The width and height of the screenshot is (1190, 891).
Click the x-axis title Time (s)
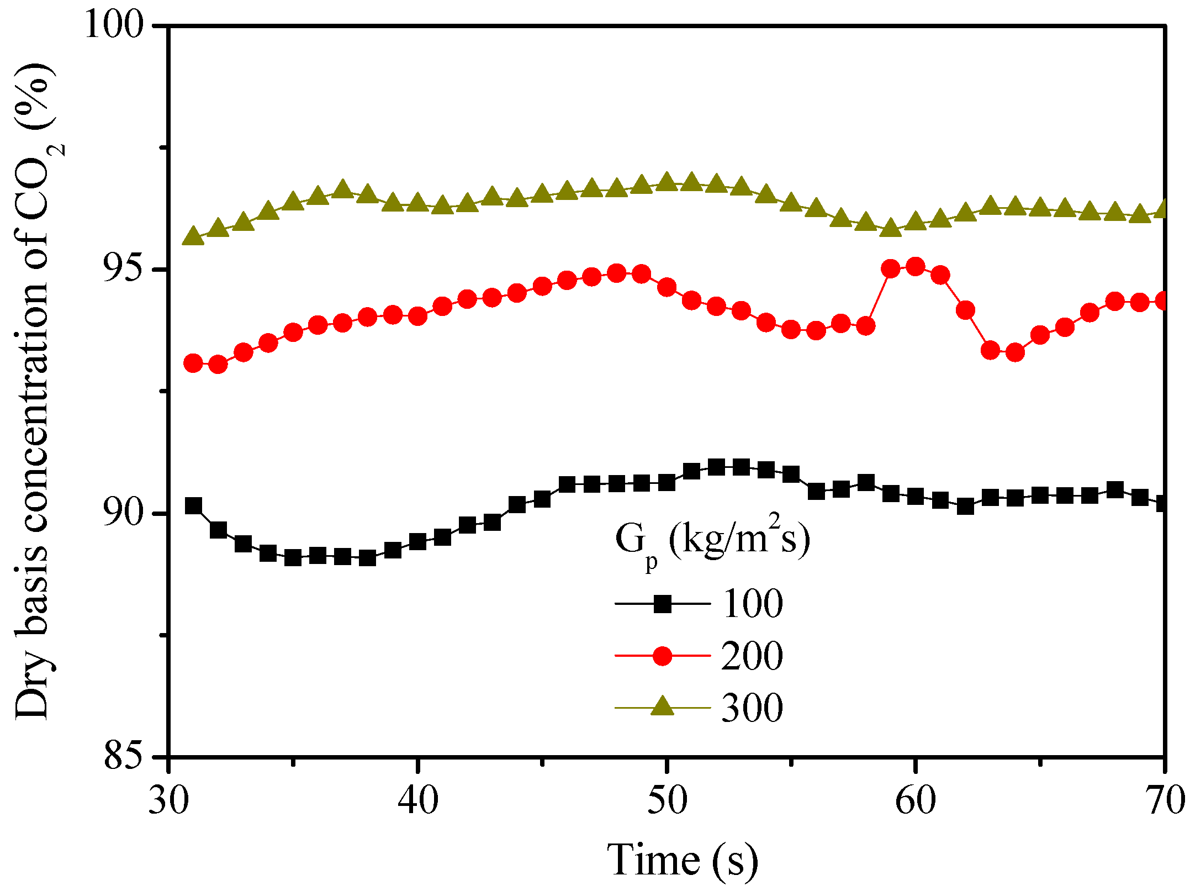[x=683, y=860]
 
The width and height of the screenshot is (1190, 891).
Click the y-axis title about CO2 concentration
[x=36, y=392]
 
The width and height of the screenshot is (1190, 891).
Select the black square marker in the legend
[x=662, y=604]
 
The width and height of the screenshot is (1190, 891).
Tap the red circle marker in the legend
[x=662, y=656]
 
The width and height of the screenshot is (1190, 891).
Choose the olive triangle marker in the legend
[x=662, y=707]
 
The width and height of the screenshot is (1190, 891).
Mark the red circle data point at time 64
[x=1015, y=352]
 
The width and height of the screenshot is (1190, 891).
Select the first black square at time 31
[x=193, y=505]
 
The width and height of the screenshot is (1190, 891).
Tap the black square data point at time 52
[x=716, y=467]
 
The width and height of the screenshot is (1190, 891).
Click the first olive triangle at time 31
[x=193, y=236]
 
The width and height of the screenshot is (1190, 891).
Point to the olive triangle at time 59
[x=891, y=228]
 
